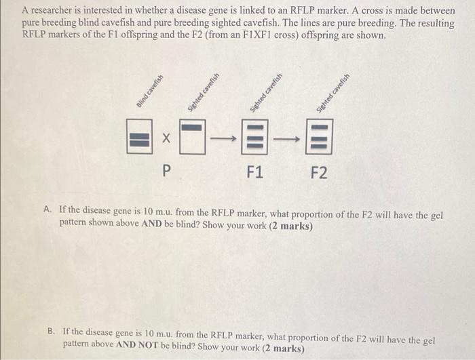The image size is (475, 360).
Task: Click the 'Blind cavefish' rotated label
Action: coord(150,91)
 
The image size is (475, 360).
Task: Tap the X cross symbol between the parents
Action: coord(166,138)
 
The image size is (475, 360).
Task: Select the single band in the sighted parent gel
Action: coord(191,127)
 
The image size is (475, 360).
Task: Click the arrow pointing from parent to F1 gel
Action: coord(223,139)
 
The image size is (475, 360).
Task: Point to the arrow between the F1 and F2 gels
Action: coord(286,139)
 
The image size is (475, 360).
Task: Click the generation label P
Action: coord(166,170)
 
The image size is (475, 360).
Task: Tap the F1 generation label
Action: coord(254,172)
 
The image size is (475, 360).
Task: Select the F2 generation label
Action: coord(320,173)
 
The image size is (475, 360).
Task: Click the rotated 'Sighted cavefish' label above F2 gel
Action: coord(333,93)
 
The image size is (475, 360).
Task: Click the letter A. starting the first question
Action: coord(47,209)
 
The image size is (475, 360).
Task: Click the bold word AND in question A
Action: coord(151,224)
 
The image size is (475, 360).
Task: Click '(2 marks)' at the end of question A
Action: coord(291,226)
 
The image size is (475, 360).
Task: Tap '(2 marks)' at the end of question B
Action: coord(283,348)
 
